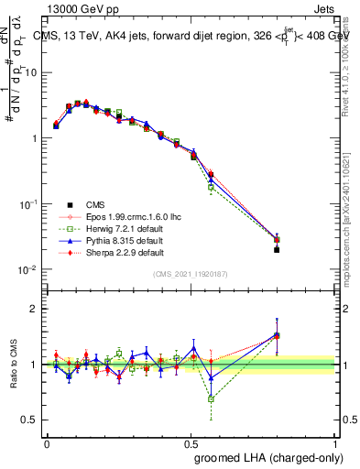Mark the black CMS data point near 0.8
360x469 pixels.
click(x=277, y=249)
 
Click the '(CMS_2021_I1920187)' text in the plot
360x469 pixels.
click(x=191, y=274)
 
